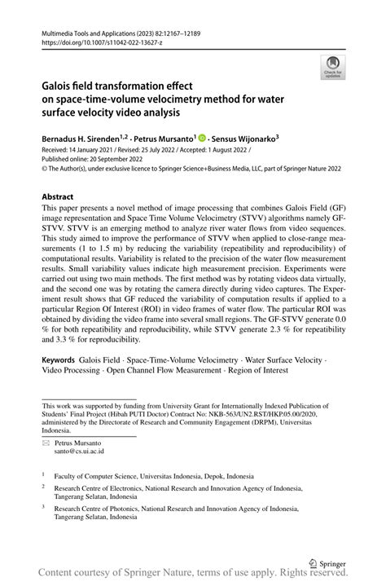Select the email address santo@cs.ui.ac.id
(79, 451)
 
